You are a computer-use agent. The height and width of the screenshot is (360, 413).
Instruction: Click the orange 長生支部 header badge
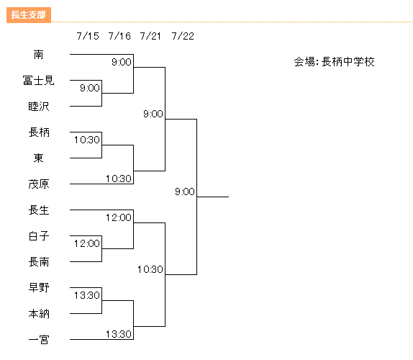[x=29, y=15]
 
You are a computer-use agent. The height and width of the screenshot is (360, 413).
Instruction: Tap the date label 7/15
[x=88, y=36]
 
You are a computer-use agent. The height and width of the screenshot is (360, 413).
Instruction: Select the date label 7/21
[x=150, y=36]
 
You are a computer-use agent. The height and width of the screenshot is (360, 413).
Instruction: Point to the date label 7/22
[x=183, y=36]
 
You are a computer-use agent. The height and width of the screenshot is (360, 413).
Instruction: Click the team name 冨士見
[x=38, y=81]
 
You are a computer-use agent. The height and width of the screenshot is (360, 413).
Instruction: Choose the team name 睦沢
[x=39, y=107]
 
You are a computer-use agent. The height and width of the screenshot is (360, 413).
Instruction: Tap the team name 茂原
[x=39, y=184]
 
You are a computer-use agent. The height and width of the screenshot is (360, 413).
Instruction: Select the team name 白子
[x=39, y=236]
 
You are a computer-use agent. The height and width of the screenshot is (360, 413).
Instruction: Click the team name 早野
[x=39, y=287]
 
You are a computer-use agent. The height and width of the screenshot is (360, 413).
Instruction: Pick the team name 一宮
[x=39, y=339]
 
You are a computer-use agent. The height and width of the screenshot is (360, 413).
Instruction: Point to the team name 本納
[x=39, y=314]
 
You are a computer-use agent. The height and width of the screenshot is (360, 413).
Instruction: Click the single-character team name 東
[x=38, y=158]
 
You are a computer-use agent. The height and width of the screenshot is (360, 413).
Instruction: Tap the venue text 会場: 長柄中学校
[x=335, y=62]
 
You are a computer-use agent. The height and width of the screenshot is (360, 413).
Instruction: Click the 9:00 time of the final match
[x=185, y=192]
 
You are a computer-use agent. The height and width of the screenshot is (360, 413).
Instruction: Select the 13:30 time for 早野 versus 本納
[x=87, y=295]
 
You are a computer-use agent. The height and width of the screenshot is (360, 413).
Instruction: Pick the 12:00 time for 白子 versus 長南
[x=87, y=243]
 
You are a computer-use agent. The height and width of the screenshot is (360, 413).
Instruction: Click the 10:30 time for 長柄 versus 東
[x=87, y=140]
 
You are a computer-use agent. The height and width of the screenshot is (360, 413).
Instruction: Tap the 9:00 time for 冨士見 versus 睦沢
[x=90, y=88]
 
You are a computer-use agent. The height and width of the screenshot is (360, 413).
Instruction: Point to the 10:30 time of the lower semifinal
[x=150, y=269]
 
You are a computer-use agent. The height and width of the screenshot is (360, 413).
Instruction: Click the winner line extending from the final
[x=213, y=197]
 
